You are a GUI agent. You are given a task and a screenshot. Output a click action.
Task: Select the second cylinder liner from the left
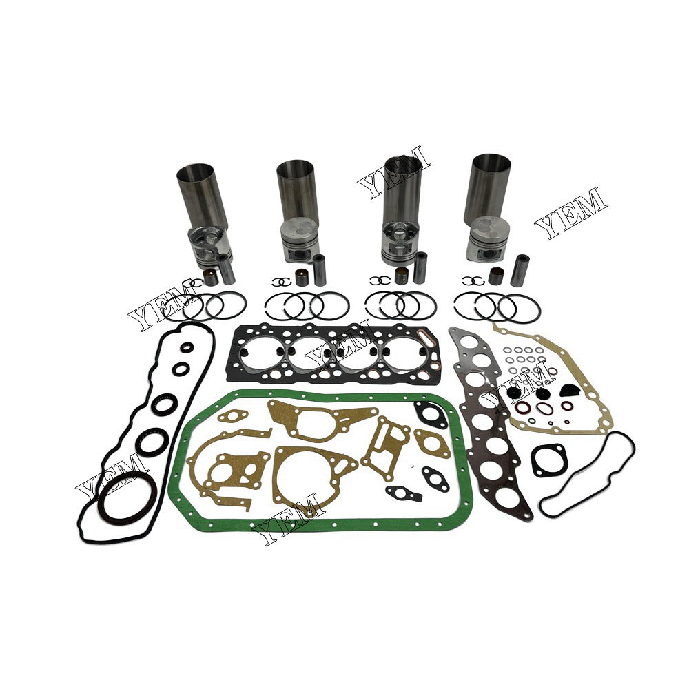point(297,189)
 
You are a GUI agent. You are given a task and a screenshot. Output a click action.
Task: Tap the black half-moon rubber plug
point(566,390)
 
